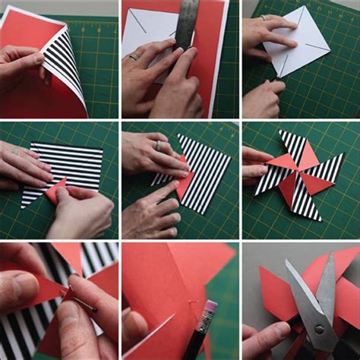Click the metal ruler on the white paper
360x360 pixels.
(x=187, y=27)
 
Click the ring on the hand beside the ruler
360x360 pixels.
(x=134, y=56)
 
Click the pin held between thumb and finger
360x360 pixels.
(x=76, y=301)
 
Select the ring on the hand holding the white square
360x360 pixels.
(x=264, y=17)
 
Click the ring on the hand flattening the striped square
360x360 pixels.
(x=15, y=151)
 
